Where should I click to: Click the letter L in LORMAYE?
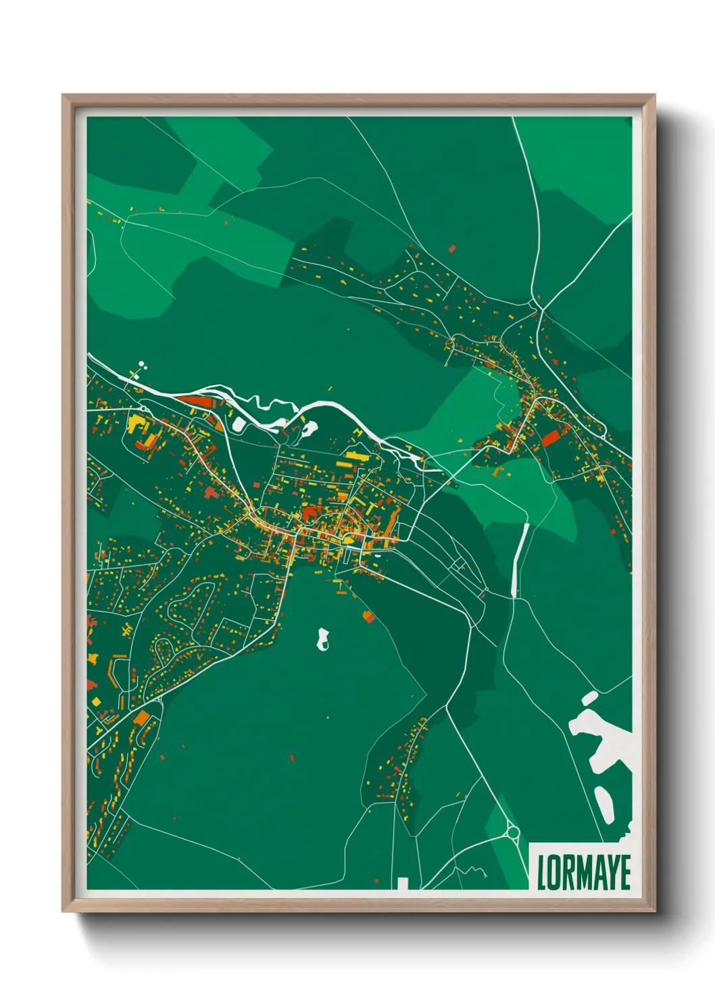pos(541,872)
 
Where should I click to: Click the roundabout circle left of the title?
pos(512,832)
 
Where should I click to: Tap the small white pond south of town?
pos(324,639)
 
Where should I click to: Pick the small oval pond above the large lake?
pos(589,697)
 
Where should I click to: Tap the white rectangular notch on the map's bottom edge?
pos(403,883)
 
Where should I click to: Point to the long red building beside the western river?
pos(197,402)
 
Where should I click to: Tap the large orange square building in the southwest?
pos(142,718)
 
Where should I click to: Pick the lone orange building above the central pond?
pos(368,616)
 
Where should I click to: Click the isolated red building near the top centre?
pos(452,249)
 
